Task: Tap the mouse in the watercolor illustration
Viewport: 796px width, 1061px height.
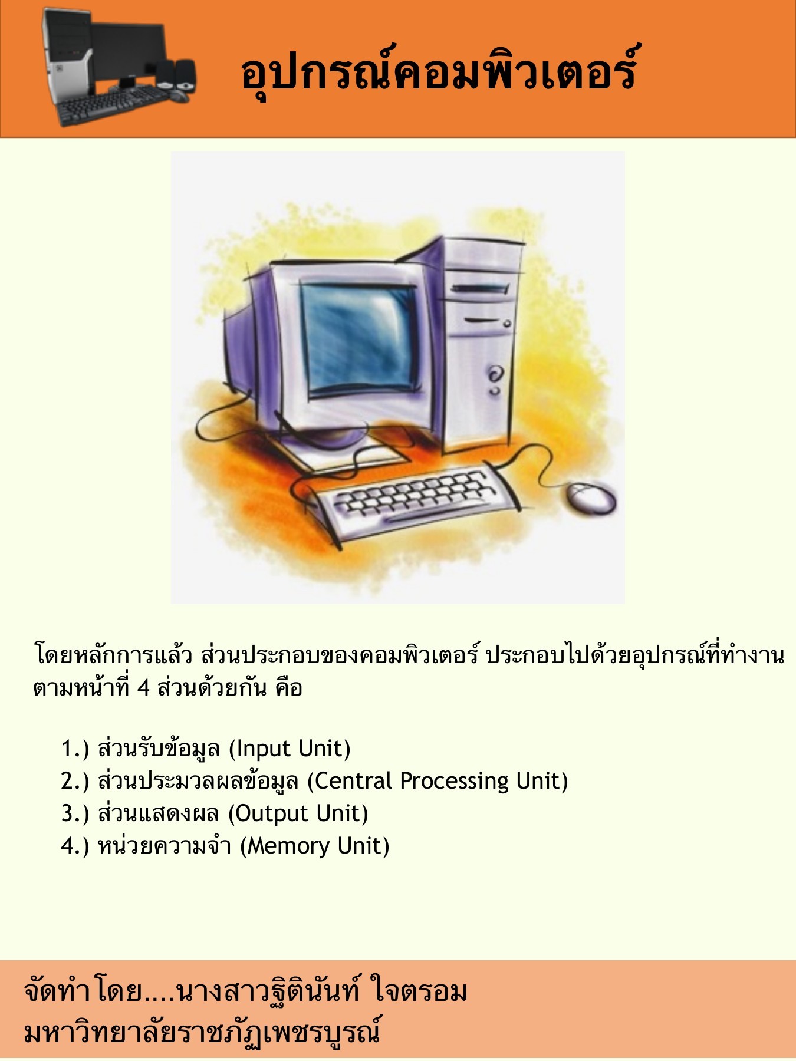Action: pyautogui.click(x=590, y=497)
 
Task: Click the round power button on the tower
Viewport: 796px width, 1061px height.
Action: pyautogui.click(x=495, y=373)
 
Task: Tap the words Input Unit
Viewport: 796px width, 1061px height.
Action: pyautogui.click(x=290, y=749)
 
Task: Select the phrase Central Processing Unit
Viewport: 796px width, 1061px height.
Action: pyautogui.click(x=438, y=781)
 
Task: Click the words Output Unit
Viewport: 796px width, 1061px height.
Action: pyautogui.click(x=298, y=814)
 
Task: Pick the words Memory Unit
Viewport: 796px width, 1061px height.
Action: pyautogui.click(x=315, y=846)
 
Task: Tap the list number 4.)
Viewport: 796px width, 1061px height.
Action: pyautogui.click(x=75, y=846)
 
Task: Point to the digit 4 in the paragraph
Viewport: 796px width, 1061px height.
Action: pyautogui.click(x=143, y=688)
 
